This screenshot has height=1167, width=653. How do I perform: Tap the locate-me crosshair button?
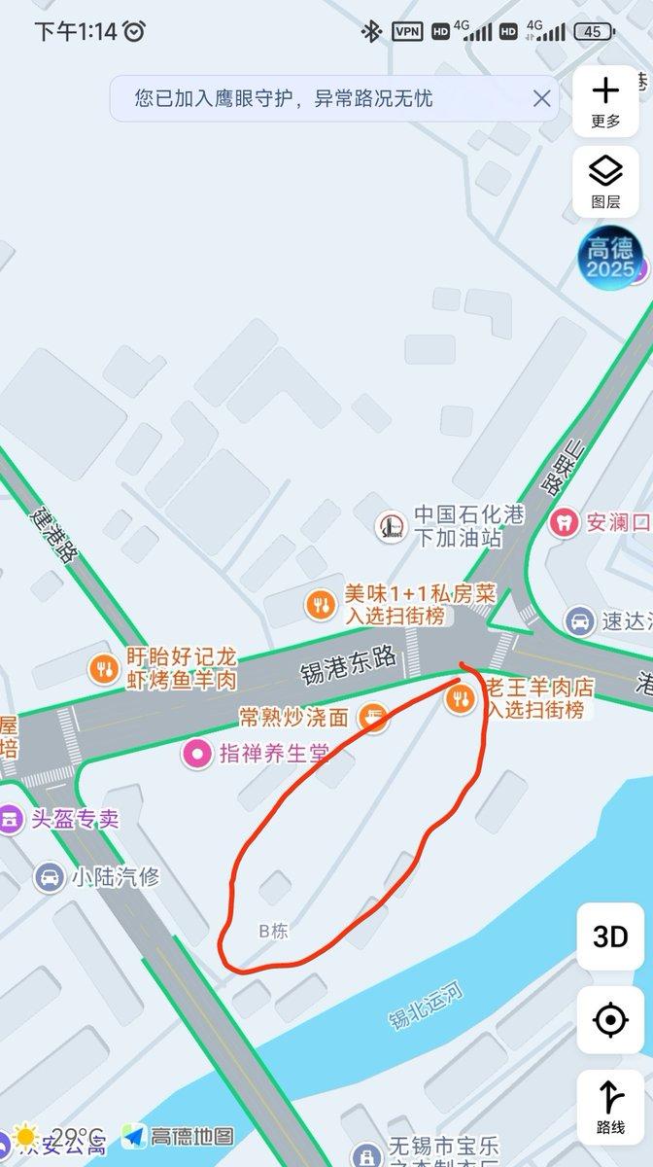click(610, 1020)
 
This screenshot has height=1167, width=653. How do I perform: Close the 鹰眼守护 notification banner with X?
click(541, 98)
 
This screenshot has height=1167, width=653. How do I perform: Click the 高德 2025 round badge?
click(611, 259)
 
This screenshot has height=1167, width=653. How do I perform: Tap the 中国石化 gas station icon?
click(392, 526)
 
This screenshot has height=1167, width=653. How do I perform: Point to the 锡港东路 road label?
click(350, 668)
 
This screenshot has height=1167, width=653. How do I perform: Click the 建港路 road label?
click(54, 534)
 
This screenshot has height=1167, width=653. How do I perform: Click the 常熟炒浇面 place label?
click(293, 718)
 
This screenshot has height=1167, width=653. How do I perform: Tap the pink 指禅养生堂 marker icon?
click(198, 752)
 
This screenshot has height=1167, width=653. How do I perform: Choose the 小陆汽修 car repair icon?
click(48, 877)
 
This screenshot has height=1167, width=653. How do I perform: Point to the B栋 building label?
click(274, 931)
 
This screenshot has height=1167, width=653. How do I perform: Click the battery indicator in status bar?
click(593, 31)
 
